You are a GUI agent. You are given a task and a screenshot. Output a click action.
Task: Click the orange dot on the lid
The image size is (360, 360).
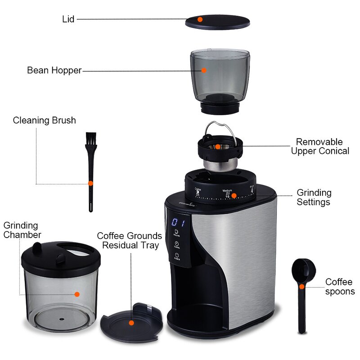pyautogui.click(x=200, y=19)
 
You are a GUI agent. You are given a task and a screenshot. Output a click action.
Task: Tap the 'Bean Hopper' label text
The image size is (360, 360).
pyautogui.click(x=54, y=70)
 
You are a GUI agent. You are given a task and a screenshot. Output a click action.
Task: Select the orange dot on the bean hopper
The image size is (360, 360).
pyautogui.click(x=204, y=70)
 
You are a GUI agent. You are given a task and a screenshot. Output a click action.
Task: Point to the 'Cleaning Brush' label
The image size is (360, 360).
pyautogui.click(x=44, y=120)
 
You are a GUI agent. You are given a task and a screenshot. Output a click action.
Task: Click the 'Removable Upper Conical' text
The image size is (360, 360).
pyautogui.click(x=320, y=146)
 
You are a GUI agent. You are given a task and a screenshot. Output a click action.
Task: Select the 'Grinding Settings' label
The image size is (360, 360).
pyautogui.click(x=314, y=197)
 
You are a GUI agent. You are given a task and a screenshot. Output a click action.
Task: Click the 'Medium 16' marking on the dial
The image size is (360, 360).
pyautogui.click(x=227, y=193)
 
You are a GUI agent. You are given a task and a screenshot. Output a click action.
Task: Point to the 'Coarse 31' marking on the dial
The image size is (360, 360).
pyautogui.click(x=198, y=192)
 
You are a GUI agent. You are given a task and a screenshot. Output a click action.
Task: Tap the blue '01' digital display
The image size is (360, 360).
pyautogui.click(x=179, y=223)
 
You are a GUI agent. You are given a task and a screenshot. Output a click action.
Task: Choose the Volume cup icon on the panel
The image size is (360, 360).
pyautogui.click(x=177, y=233)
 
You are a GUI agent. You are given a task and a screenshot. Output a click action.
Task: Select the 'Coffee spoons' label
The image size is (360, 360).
pyautogui.click(x=340, y=287)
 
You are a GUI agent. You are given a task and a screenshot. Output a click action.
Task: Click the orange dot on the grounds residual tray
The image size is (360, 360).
pyautogui.click(x=131, y=322)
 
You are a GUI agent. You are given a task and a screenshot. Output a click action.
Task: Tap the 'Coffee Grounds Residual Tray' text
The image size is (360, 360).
pyautogui.click(x=130, y=240)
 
